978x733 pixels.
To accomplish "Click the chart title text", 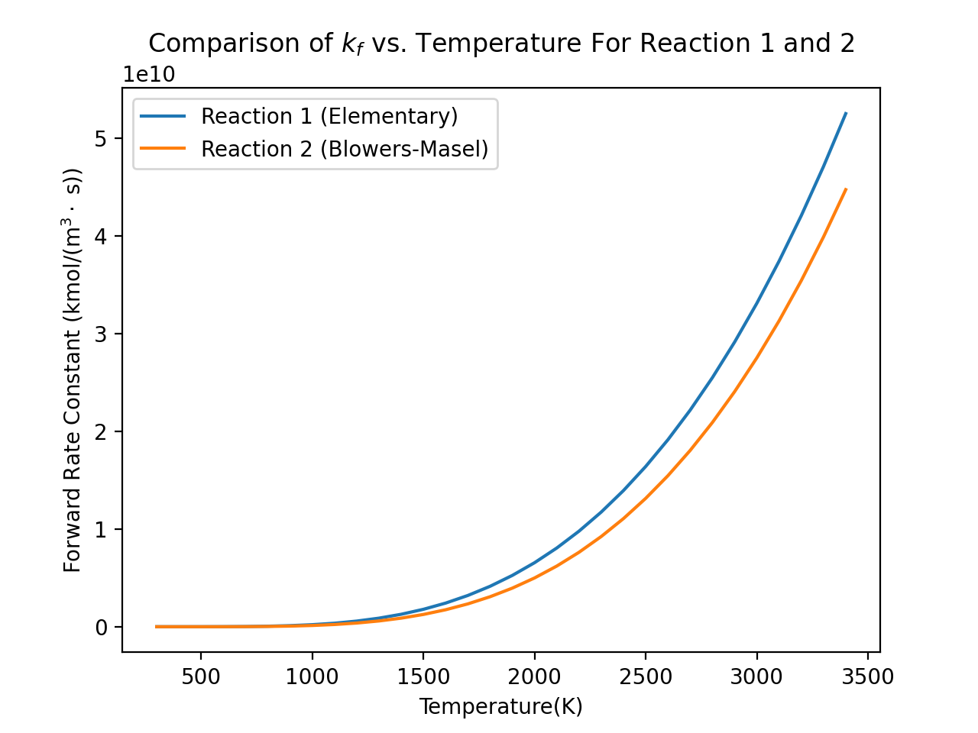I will coord(501,44).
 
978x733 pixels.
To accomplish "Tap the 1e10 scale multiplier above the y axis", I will coord(150,75).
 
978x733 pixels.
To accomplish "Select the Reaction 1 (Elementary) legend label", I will coord(329,116).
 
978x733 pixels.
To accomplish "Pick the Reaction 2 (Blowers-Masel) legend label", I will coord(345,149).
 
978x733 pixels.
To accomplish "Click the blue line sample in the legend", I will coord(163,116).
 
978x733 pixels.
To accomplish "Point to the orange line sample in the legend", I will coord(163,149).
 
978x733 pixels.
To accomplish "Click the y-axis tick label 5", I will coord(101,138).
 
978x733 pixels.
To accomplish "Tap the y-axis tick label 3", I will coord(101,334).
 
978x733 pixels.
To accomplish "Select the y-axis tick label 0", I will coord(101,627).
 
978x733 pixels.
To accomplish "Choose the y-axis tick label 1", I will coord(101,529).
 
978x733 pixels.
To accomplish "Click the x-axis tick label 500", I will coord(200,676).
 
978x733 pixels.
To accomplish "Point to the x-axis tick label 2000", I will coord(534,676).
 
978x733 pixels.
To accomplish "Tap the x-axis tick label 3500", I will coord(867,676).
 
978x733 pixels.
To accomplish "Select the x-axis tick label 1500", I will coord(423,676).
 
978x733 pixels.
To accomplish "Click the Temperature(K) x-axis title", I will coord(500,706).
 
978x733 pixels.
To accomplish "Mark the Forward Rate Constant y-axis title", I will coord(73,370).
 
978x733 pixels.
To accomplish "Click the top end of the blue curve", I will coord(845,113).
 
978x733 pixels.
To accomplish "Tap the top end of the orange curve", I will coord(845,189).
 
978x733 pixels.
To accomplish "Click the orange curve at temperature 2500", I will coord(645,499).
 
